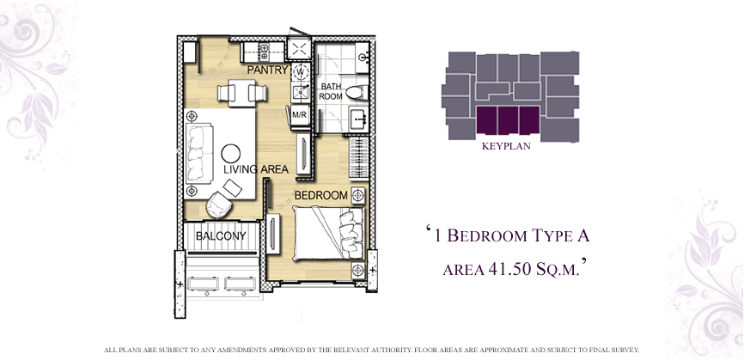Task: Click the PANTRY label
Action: coord(267,70)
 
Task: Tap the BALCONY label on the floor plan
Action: coord(221,235)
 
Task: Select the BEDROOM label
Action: coord(321,195)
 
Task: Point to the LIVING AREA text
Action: coord(256,169)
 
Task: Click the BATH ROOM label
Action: coord(330,92)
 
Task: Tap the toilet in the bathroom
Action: coord(357,93)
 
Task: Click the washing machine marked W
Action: coord(301,72)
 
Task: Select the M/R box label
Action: coord(299,115)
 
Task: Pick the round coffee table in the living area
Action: coord(230,154)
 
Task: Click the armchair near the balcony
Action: coord(218,204)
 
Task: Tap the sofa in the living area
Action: coord(198,152)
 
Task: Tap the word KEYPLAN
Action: coord(506,147)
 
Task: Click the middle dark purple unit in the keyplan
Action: coord(507,120)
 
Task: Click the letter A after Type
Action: coord(583,235)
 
